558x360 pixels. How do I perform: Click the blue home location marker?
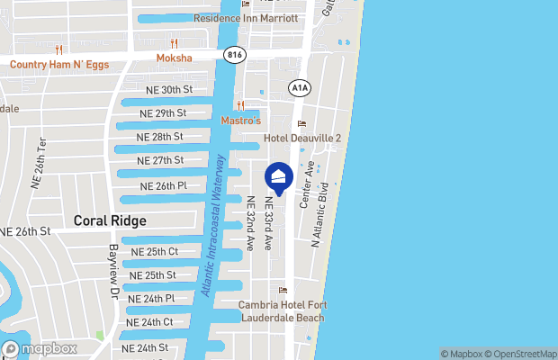(x=279, y=176)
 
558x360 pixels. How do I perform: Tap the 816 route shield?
(x=235, y=55)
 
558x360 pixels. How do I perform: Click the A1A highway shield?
(x=299, y=86)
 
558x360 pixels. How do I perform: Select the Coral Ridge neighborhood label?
(x=110, y=220)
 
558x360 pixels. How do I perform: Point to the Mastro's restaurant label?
(x=240, y=120)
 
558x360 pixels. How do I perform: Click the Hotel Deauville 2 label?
(x=302, y=139)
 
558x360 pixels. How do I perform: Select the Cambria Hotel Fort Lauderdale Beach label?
(x=282, y=310)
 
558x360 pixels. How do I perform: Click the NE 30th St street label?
(x=169, y=90)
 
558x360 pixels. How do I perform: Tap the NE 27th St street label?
(x=159, y=160)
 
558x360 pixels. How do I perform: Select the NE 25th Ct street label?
(x=154, y=251)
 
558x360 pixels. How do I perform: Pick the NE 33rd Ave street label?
(x=268, y=223)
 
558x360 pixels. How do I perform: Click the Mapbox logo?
(x=40, y=348)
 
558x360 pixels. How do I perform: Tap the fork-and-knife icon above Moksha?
(x=174, y=42)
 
